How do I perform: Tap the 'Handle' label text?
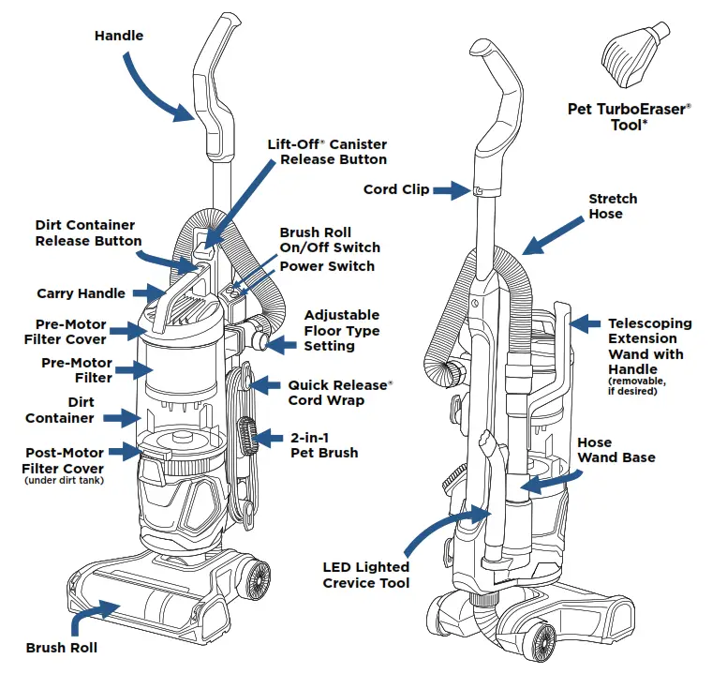click(x=119, y=36)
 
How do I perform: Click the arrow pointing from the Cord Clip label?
click(x=451, y=190)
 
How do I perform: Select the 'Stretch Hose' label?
click(x=613, y=206)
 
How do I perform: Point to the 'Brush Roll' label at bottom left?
click(x=61, y=647)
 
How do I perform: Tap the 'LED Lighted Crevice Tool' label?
click(x=365, y=575)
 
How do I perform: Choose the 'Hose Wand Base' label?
click(x=616, y=450)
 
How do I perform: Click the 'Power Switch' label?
click(x=327, y=266)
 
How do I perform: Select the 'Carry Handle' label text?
click(x=81, y=293)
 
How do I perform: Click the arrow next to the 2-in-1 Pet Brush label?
click(x=268, y=438)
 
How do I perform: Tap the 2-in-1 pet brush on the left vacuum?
click(x=247, y=436)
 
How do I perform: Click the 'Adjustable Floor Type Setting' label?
click(x=341, y=331)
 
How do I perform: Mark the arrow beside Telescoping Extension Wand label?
click(x=585, y=324)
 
